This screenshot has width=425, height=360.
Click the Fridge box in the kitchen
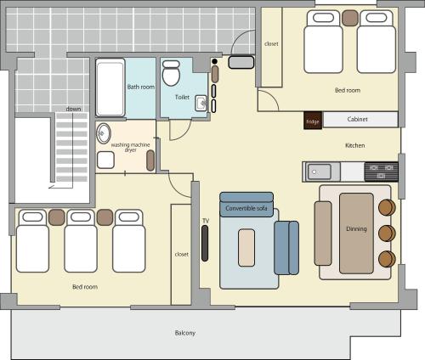tap(313, 121)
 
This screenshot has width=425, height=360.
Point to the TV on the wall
tap(206, 243)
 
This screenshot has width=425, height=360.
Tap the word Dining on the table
tap(356, 229)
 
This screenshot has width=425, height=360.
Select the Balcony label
tap(184, 333)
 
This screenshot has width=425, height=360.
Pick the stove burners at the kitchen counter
tap(380, 171)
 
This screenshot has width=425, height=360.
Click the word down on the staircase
tap(74, 110)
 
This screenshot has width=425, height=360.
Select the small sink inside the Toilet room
tap(200, 104)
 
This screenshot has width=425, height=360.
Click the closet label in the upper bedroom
tap(271, 43)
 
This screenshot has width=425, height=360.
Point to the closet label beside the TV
tap(181, 253)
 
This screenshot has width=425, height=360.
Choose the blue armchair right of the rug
tap(286, 247)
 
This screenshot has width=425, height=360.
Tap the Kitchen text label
tap(354, 146)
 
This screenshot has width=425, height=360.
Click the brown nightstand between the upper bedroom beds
tap(348, 16)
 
